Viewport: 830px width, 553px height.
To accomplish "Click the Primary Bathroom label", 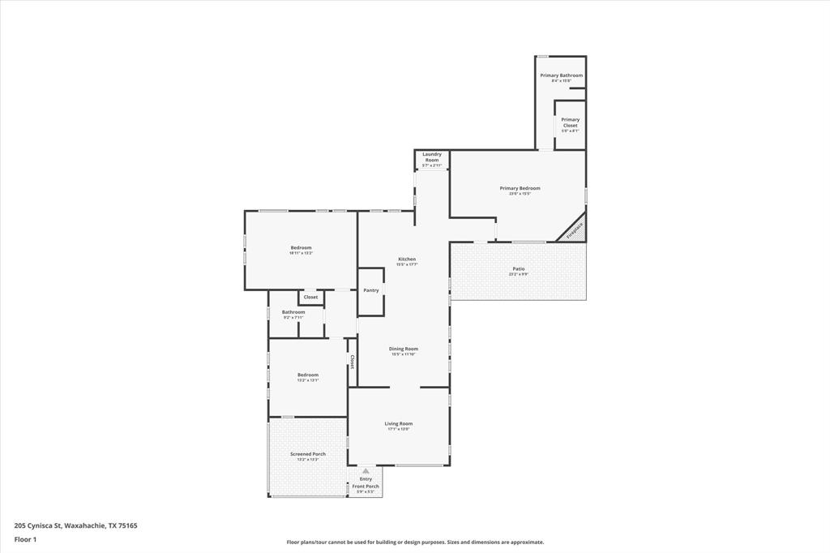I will click(561, 75).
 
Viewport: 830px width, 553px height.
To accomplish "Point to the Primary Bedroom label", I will click(520, 188).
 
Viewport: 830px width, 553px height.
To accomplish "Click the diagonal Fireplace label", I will click(574, 230).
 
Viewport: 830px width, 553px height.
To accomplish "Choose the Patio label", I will click(519, 268).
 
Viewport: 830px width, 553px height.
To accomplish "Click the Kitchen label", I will click(406, 259).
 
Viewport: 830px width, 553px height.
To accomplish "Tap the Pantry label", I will click(371, 290).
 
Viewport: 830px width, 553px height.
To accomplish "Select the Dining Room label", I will click(404, 349).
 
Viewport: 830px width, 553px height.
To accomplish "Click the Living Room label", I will click(398, 423).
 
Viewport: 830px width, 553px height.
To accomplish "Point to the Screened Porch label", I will click(308, 454).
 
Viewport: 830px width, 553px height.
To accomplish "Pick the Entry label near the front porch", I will click(366, 479).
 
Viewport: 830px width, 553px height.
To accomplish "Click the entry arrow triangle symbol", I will click(366, 470).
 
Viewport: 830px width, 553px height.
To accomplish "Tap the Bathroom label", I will click(293, 312).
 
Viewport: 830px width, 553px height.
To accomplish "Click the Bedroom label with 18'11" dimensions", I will click(301, 247).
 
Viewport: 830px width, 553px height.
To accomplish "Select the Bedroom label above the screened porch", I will click(308, 375).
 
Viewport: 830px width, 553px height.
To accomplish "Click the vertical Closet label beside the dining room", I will click(353, 361).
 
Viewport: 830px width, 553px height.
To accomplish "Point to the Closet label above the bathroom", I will click(310, 298).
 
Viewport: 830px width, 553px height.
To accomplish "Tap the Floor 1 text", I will click(25, 539).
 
